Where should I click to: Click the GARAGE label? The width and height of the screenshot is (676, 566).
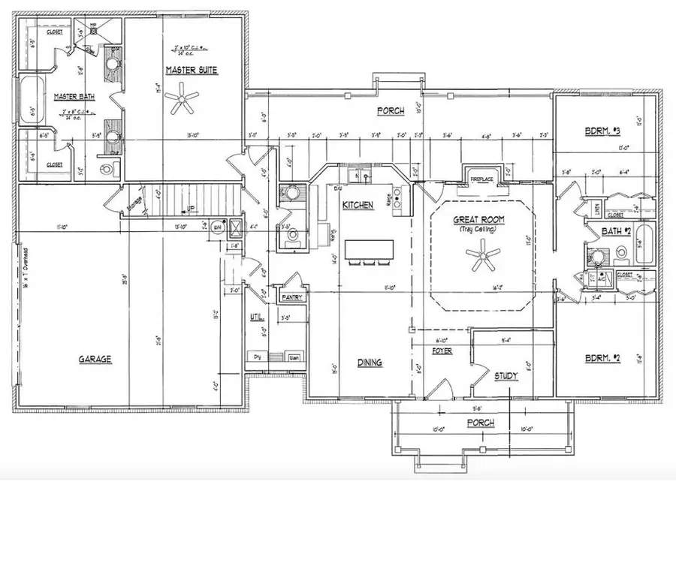pyautogui.click(x=95, y=360)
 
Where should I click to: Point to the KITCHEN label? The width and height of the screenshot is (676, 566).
pyautogui.click(x=358, y=205)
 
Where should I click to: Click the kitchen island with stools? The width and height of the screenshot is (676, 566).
pyautogui.click(x=369, y=250)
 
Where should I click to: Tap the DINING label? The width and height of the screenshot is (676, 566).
pyautogui.click(x=369, y=363)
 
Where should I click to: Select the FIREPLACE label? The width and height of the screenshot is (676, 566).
pyautogui.click(x=481, y=180)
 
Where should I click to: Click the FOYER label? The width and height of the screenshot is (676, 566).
pyautogui.click(x=442, y=351)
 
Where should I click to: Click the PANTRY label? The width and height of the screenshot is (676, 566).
pyautogui.click(x=291, y=298)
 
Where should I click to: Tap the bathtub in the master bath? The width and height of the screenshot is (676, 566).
pyautogui.click(x=29, y=102)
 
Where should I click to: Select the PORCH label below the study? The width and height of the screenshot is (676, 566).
pyautogui.click(x=481, y=423)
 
